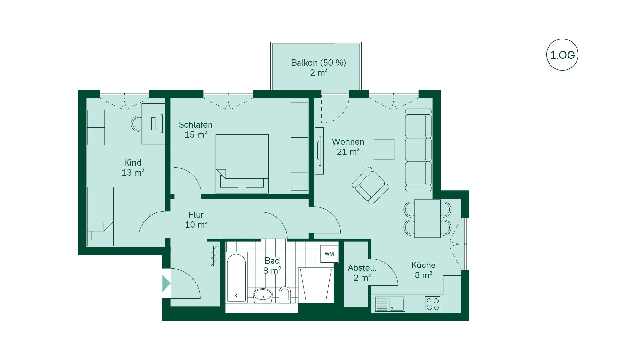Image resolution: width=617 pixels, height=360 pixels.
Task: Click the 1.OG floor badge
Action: pyautogui.click(x=562, y=55)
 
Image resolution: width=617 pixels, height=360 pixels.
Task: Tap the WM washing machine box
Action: pyautogui.click(x=329, y=254)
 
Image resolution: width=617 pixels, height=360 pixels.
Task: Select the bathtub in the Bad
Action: pyautogui.click(x=237, y=277)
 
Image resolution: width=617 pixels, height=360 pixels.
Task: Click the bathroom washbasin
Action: pyautogui.click(x=263, y=295)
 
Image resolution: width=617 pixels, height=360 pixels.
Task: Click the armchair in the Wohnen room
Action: pyautogui.click(x=371, y=185)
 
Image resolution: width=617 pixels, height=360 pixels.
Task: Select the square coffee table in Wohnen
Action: pyautogui.click(x=384, y=149)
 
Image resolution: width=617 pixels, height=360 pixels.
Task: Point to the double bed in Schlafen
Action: pyautogui.click(x=242, y=164)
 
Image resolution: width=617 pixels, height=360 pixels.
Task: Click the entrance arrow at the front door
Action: pyautogui.click(x=166, y=283)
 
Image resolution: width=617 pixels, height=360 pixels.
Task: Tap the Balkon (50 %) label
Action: pyautogui.click(x=318, y=63)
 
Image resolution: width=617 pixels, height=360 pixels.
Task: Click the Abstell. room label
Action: pyautogui.click(x=362, y=268)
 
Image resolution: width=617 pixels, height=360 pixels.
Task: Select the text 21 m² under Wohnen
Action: pyautogui.click(x=348, y=152)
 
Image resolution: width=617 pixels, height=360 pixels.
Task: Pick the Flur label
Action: pyautogui.click(x=196, y=215)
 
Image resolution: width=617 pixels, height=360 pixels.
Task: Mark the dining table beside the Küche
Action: pyautogui.click(x=427, y=218)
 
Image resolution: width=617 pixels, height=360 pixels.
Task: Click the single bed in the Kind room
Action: pyautogui.click(x=100, y=216)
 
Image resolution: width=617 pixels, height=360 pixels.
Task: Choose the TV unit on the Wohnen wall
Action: pyautogui.click(x=319, y=151)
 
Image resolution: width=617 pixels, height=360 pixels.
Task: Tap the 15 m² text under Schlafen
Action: pyautogui.click(x=196, y=135)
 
